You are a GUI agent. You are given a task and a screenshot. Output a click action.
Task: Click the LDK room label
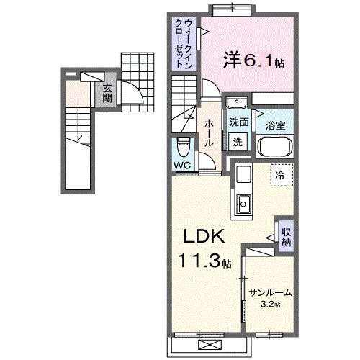(207, 237)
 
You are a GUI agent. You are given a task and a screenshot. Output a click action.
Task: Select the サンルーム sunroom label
(271, 292)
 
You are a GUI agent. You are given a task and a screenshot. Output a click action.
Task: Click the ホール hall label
(208, 134)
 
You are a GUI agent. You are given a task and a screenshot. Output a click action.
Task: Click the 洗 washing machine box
(237, 142)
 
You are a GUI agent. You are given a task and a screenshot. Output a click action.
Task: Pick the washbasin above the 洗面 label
(238, 104)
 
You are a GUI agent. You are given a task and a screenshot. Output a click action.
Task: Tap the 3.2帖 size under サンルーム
(271, 305)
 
